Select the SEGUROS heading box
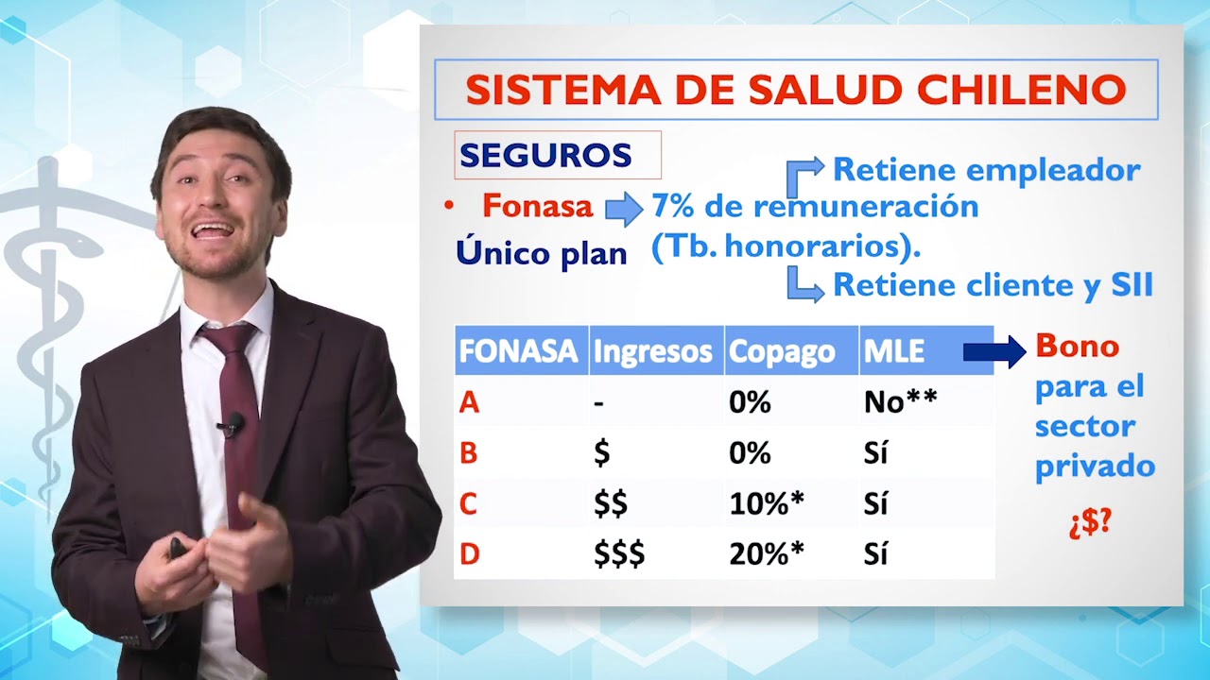coord(557,155)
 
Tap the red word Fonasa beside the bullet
coord(537,206)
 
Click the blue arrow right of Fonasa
coord(624,209)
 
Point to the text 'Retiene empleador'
coord(986,170)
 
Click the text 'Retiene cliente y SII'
coord(993,285)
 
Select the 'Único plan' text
coord(542,252)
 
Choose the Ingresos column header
coord(652,351)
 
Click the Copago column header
coord(782,351)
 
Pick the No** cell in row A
coord(900,403)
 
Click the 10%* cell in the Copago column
coord(766,504)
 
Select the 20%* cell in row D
coord(766,554)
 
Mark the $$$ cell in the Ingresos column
coord(619,554)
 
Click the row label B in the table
coord(468,454)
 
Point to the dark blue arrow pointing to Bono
coord(994,352)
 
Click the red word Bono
coord(1078,346)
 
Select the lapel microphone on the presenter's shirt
coord(231,425)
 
